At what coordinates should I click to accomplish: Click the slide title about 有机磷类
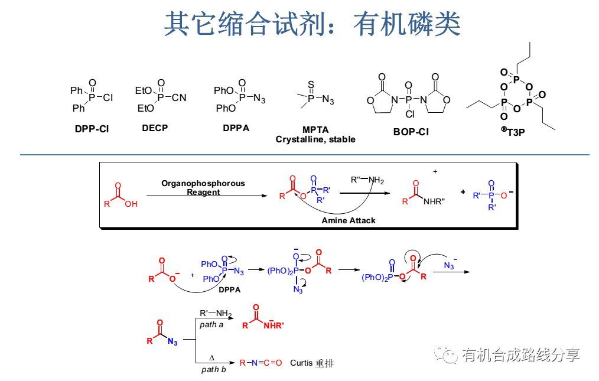[x=312, y=24]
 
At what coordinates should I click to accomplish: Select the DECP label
[x=155, y=128]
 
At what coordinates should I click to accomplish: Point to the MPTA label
[x=315, y=129]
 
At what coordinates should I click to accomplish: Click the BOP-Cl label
[x=411, y=132]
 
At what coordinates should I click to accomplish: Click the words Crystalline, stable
[x=315, y=139]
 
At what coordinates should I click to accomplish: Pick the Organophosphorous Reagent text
[x=203, y=187]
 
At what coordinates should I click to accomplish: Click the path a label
[x=211, y=324]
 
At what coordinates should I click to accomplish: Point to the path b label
[x=213, y=369]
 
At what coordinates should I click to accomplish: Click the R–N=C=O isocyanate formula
[x=261, y=363]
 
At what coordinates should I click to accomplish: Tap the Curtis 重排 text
[x=311, y=363]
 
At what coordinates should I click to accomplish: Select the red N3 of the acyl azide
[x=172, y=341]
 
